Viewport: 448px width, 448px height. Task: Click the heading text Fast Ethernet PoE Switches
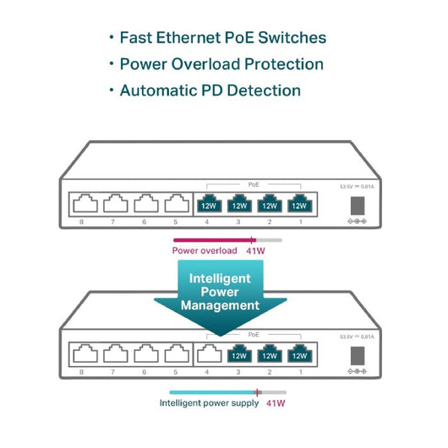click(x=222, y=38)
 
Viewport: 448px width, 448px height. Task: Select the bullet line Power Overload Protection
click(x=221, y=64)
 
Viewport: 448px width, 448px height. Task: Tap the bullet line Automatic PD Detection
click(x=210, y=90)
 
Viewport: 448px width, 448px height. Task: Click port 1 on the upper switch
click(x=298, y=205)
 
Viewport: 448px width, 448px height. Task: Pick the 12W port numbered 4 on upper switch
click(x=209, y=205)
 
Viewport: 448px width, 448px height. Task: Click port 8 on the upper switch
click(x=81, y=205)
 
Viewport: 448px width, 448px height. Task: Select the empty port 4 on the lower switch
click(x=209, y=355)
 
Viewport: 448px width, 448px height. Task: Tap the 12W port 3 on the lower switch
click(x=238, y=355)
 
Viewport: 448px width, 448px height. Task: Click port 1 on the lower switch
click(x=298, y=355)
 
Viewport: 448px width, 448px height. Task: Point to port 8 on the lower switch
click(x=81, y=354)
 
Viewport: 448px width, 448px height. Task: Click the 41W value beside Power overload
click(x=254, y=250)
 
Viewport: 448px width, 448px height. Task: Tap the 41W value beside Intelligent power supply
click(x=276, y=403)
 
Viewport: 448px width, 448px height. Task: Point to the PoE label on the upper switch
click(x=254, y=183)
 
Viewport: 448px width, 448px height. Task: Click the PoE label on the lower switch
click(x=254, y=335)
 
